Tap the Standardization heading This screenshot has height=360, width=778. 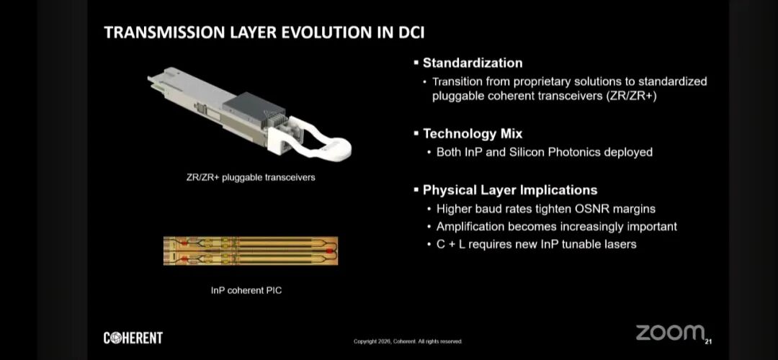pyautogui.click(x=473, y=63)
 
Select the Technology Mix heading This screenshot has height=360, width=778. pyautogui.click(x=473, y=133)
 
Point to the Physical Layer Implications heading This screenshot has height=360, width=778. pyautogui.click(x=510, y=190)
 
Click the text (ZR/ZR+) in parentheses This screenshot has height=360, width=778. pyautogui.click(x=631, y=96)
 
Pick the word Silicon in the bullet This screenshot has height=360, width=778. pyautogui.click(x=527, y=152)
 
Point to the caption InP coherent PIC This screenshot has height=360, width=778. pyautogui.click(x=246, y=290)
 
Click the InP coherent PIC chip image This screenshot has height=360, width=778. pyautogui.click(x=251, y=251)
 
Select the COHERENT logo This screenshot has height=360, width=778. pyautogui.click(x=133, y=338)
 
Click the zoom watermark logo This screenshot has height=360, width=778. pyautogui.click(x=671, y=333)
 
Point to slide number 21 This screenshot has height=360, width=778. pyautogui.click(x=709, y=342)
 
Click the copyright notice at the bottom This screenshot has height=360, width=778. pyautogui.click(x=408, y=341)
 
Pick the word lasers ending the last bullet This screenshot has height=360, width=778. pyautogui.click(x=620, y=244)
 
